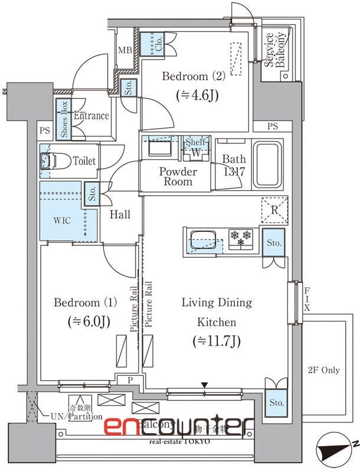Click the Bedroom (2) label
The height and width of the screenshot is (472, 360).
(x=185, y=77)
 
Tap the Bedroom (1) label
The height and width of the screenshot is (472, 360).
(x=86, y=303)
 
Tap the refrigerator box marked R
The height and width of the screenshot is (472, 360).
(x=274, y=210)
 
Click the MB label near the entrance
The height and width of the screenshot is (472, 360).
(x=125, y=50)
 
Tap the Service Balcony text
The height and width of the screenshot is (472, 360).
(x=276, y=50)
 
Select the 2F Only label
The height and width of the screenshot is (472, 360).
(x=323, y=371)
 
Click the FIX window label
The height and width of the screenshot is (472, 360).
(x=307, y=300)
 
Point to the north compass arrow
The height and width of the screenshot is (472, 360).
(x=334, y=452)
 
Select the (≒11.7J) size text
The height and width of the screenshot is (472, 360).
(x=217, y=340)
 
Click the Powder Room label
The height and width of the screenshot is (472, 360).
(x=178, y=176)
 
